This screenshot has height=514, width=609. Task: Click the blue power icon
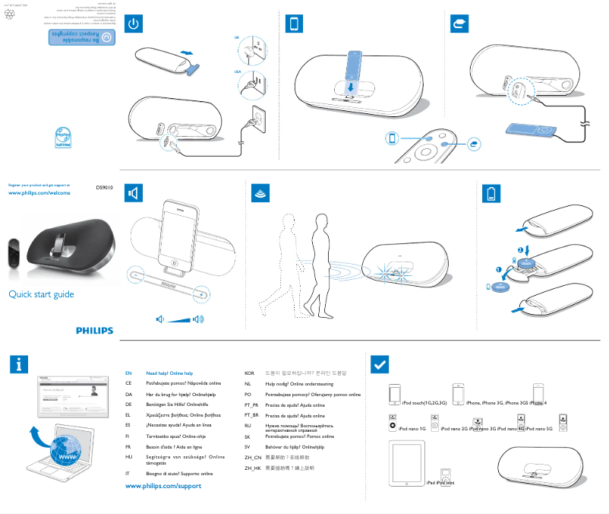click(134, 25)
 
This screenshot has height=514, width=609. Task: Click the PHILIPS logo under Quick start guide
click(94, 331)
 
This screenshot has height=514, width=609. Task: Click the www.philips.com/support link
click(163, 485)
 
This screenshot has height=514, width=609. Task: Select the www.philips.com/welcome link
click(39, 193)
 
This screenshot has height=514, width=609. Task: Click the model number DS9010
click(104, 186)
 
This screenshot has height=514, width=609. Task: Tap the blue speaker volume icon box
click(134, 194)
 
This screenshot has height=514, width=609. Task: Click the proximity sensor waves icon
click(259, 194)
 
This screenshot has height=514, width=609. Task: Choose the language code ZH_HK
click(252, 469)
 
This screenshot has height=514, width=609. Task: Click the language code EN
click(128, 373)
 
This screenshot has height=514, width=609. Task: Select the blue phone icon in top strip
click(294, 25)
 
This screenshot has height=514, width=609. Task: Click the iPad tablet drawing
click(405, 464)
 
